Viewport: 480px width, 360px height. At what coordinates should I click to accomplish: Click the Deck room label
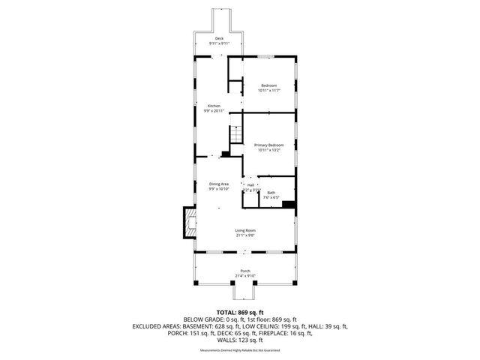coord(219,38)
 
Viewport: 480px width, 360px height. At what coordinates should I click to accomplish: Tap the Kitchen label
coord(214,106)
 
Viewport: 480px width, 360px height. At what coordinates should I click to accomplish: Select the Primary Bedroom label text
coord(268,145)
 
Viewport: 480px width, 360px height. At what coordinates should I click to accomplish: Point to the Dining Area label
coord(219,184)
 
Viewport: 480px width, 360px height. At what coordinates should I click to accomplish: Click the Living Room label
coord(245,230)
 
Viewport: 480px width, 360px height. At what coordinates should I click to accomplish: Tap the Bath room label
coord(271,193)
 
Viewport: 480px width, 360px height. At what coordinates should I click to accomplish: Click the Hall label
coord(250,185)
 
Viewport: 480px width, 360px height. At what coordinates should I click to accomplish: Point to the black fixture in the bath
coord(288,202)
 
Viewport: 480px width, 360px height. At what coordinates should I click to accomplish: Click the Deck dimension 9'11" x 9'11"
coord(219,43)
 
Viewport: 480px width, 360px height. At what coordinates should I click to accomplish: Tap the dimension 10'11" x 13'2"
coord(268,150)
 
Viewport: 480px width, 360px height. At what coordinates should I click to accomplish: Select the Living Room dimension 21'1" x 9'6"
coord(245,235)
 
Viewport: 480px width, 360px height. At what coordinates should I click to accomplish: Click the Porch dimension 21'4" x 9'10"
coord(245,275)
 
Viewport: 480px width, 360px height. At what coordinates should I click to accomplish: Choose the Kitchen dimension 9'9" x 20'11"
coord(214,112)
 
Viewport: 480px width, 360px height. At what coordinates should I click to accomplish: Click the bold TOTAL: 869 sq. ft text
coord(239,312)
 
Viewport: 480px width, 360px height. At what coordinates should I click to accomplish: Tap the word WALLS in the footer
coord(220,341)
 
